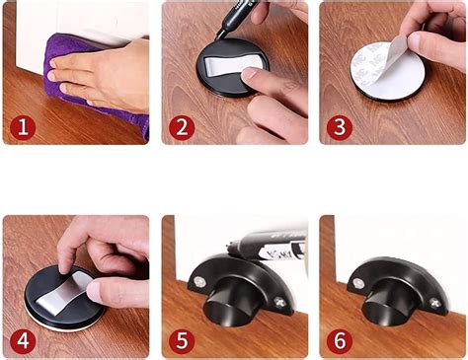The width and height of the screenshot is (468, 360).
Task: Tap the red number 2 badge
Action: (181, 126)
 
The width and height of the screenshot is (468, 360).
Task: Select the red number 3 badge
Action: (340, 126)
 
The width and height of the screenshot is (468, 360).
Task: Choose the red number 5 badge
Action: (181, 341)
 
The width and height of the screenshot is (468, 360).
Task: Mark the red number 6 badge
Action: (340, 341)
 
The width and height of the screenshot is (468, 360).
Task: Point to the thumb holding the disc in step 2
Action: (265, 110)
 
